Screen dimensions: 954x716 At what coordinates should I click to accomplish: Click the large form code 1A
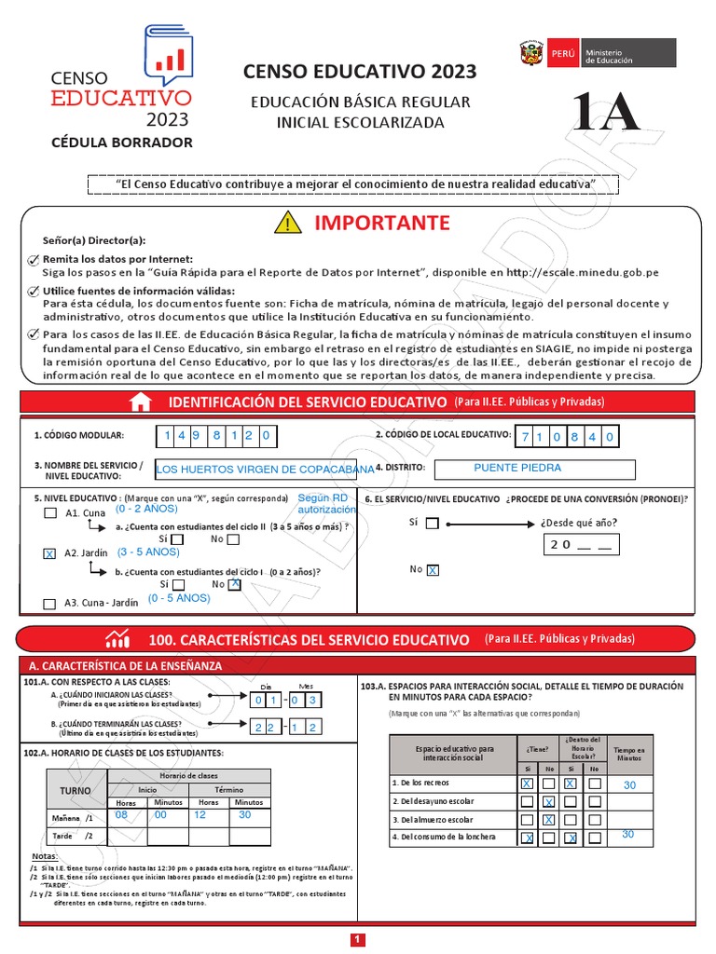point(607,114)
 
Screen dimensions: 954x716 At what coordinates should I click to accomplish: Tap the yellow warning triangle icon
point(289,224)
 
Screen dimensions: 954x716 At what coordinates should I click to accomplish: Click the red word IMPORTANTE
point(382,223)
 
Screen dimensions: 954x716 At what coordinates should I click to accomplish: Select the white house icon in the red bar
point(140,402)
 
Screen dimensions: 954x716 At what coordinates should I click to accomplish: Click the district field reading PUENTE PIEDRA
point(535,469)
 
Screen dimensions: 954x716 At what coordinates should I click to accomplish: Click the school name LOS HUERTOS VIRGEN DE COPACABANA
point(265,470)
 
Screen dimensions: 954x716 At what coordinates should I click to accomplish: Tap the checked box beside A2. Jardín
point(49,553)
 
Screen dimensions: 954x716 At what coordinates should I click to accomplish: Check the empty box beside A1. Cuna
point(49,513)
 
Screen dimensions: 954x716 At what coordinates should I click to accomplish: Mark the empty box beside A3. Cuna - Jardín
point(49,604)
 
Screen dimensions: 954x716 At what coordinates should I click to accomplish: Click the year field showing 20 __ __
point(578,546)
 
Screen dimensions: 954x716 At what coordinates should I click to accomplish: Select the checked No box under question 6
point(433,569)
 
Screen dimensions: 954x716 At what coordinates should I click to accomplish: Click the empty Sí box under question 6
point(432,524)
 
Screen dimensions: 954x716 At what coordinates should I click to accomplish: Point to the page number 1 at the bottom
point(358,940)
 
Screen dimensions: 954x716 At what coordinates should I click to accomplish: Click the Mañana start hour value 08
point(121,814)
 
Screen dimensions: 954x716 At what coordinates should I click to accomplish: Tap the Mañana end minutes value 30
point(245,814)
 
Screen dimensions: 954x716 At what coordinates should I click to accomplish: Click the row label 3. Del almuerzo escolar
point(433,819)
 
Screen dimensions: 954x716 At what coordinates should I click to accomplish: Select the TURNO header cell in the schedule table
point(76,790)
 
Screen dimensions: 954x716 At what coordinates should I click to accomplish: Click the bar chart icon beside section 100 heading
point(118,639)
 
